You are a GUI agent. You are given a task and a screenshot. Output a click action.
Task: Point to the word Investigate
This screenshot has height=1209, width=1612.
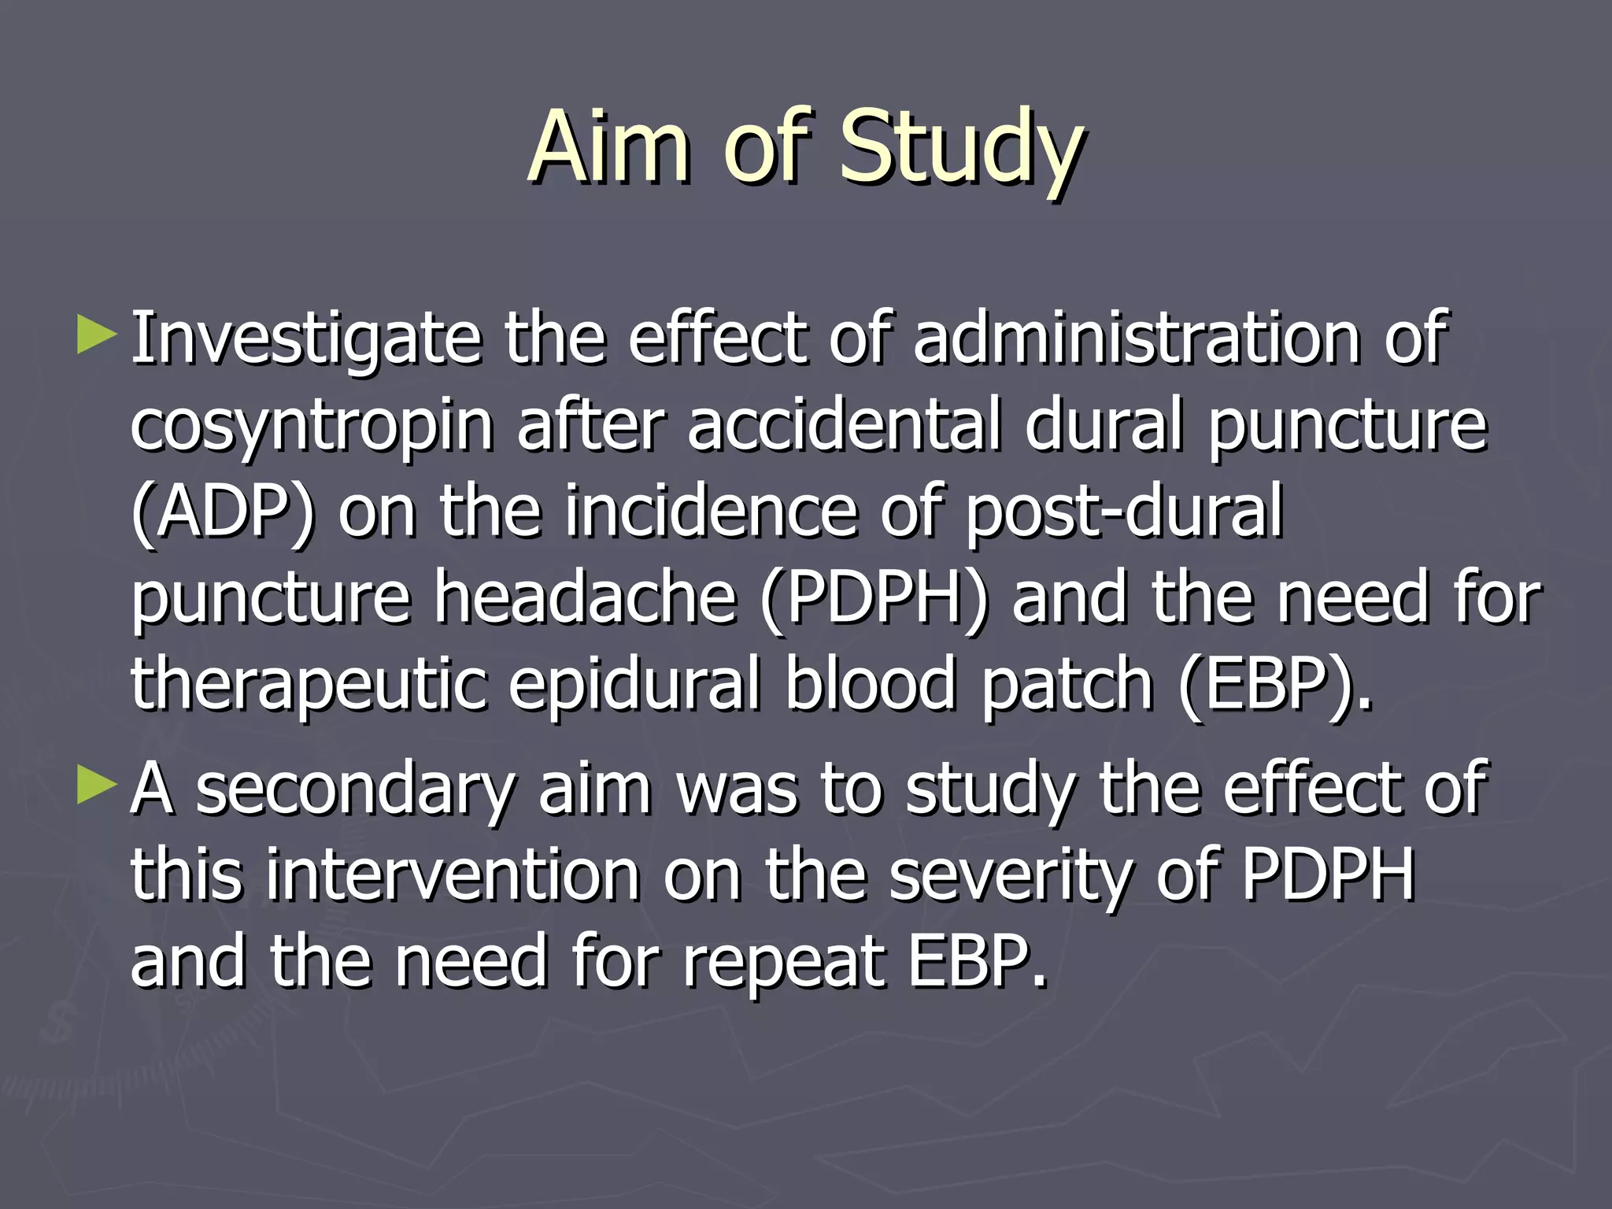[x=305, y=340]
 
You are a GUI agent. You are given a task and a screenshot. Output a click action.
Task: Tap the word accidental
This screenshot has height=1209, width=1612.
[x=844, y=425]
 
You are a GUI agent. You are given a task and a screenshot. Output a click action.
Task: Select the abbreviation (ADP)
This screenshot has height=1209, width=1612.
[x=223, y=513]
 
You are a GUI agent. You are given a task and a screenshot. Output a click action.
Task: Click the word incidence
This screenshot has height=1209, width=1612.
[x=711, y=512]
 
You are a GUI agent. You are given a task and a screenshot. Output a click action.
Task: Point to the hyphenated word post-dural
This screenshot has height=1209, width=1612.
[x=1124, y=513]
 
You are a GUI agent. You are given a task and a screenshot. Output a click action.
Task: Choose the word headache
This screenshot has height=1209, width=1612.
[x=586, y=598]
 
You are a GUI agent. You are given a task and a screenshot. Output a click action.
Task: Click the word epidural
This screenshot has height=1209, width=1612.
[x=635, y=685]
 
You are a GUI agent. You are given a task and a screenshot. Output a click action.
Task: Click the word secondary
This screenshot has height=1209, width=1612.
[x=355, y=790]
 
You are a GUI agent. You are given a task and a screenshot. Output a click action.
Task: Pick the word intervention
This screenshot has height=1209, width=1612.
[x=453, y=875]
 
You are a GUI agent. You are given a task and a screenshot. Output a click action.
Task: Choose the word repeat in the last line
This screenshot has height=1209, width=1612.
[x=783, y=962]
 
